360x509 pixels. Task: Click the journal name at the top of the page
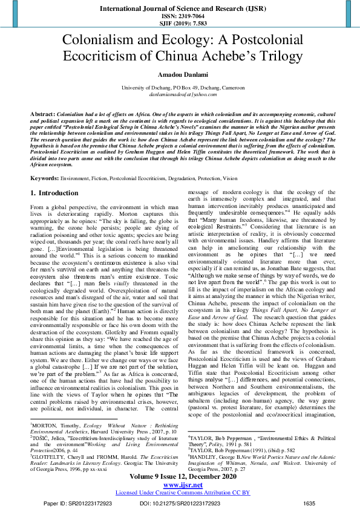[180, 9]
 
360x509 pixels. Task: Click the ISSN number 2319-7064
[180, 18]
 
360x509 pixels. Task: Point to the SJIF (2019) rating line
[180, 24]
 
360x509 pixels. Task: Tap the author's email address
[180, 95]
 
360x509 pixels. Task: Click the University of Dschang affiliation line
[180, 88]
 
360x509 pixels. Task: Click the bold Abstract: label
[44, 114]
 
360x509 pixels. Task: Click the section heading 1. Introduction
[54, 176]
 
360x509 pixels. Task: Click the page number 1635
[309, 503]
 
